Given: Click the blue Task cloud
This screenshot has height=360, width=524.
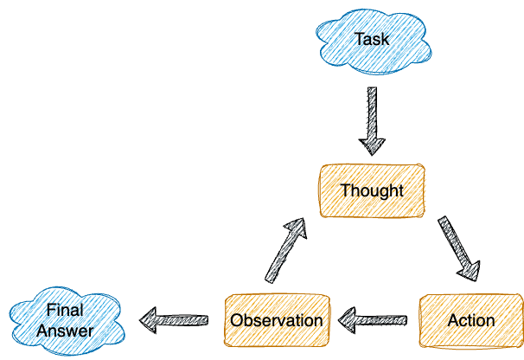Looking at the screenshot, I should pyautogui.click(x=373, y=40).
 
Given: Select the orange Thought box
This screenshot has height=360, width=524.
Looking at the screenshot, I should pyautogui.click(x=372, y=190).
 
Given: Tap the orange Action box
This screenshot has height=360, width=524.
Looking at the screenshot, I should pyautogui.click(x=471, y=320).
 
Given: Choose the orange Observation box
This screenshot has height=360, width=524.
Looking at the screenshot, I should pyautogui.click(x=277, y=320).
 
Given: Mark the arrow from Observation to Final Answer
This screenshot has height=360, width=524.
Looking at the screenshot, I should pyautogui.click(x=176, y=320).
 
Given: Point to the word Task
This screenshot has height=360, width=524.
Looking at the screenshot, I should pyautogui.click(x=373, y=40).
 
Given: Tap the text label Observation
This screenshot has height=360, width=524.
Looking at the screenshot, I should pyautogui.click(x=277, y=320).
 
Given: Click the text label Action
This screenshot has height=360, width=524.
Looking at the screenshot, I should pyautogui.click(x=471, y=320).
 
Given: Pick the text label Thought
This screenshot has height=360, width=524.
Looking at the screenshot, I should pyautogui.click(x=372, y=190).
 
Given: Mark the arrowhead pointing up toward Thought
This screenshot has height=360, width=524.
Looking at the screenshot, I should pyautogui.click(x=296, y=228).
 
